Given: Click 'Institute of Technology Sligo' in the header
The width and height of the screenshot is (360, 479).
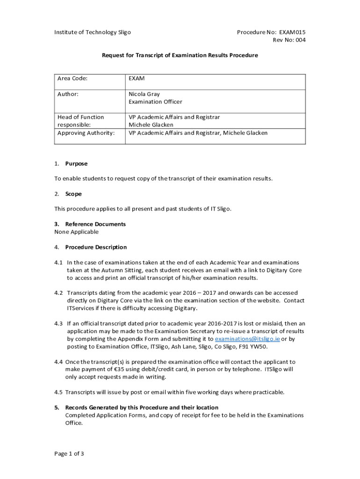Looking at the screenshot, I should (x=93, y=32).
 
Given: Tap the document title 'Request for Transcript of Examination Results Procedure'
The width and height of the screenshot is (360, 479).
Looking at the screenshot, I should (x=180, y=55).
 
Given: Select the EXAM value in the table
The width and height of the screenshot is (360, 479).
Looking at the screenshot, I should (x=137, y=79).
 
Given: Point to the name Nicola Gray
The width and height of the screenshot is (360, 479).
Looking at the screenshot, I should (x=144, y=94).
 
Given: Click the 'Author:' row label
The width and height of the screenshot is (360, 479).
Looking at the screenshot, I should (x=68, y=94).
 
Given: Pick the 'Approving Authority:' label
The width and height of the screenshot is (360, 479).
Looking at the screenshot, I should (x=86, y=133).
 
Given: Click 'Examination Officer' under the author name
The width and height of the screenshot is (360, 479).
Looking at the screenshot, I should (x=155, y=102).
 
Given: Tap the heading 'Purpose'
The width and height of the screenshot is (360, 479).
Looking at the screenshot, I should (x=76, y=164).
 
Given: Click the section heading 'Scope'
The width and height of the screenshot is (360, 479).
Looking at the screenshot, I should (x=73, y=194).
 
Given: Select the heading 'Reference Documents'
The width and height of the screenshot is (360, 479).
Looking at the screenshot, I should (x=95, y=224).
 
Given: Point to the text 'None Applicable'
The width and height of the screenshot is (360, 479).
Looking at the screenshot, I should (x=77, y=232).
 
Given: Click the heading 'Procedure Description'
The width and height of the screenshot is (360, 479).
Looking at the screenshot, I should (x=96, y=247).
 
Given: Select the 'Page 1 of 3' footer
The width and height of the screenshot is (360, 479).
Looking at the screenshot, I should (x=69, y=453).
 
